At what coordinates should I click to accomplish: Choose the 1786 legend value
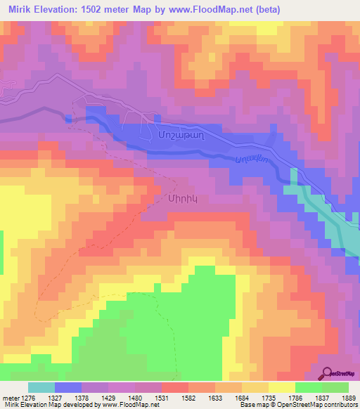coord(295,398)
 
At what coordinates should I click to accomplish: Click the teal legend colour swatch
coord(41,387)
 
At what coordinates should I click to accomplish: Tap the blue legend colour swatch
coord(68,387)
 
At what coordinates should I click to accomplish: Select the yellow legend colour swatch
coord(281,387)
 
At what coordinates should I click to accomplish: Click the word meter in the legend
coord(11,398)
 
